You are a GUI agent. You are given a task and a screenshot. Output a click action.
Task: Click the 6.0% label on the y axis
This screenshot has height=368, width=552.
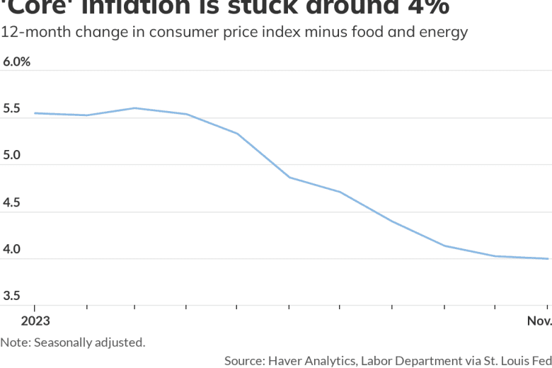pos(16,62)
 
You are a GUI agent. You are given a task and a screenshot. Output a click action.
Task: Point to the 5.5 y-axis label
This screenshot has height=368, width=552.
pos(12,109)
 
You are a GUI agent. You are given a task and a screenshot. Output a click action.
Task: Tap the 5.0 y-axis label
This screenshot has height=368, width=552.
pos(12,156)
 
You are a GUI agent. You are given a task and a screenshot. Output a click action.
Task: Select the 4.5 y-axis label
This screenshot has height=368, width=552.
pos(12,202)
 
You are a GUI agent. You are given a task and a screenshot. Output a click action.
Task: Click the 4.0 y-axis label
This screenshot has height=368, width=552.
pos(12,249)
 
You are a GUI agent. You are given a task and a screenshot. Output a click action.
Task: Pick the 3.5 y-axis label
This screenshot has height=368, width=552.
pos(12,296)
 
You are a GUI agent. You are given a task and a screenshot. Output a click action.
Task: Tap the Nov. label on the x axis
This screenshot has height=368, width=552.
pos(539,321)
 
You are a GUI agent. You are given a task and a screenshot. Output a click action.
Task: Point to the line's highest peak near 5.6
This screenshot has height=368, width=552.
pos(135,108)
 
